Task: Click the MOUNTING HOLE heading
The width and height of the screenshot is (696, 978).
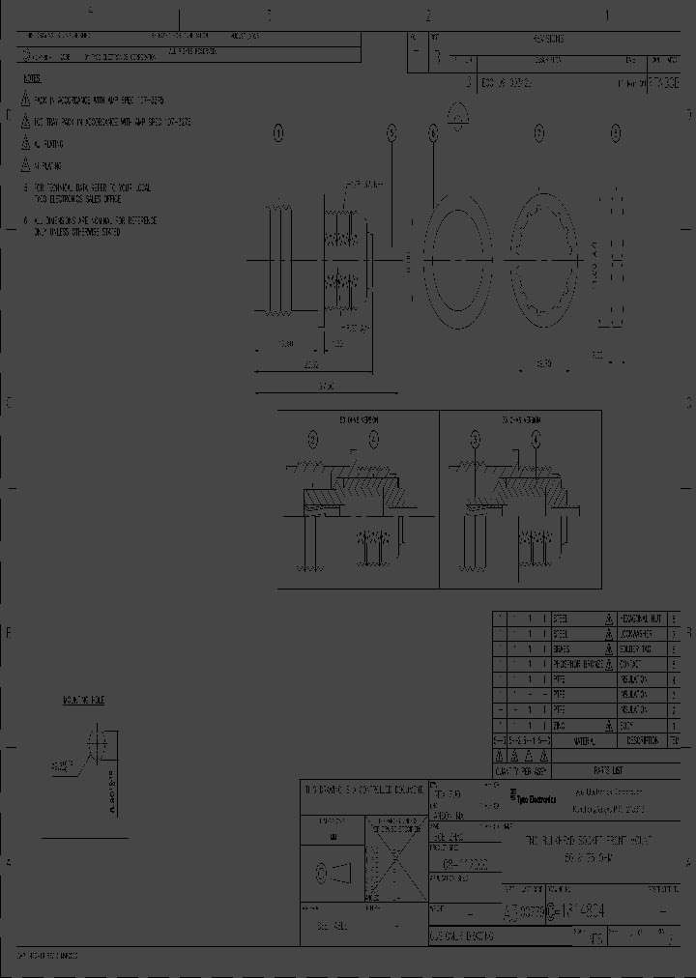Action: [84, 698]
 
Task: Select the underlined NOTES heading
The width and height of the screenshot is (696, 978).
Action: [32, 77]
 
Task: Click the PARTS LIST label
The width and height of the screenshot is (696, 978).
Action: [609, 771]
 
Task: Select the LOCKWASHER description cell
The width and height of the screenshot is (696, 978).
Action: [643, 633]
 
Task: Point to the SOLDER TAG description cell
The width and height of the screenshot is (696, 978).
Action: [642, 648]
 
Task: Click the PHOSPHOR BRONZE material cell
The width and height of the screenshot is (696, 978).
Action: [578, 664]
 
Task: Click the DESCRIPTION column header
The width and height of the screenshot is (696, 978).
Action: [643, 741]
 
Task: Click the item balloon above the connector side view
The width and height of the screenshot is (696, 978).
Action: [278, 135]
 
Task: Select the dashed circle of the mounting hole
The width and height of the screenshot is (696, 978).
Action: [97, 746]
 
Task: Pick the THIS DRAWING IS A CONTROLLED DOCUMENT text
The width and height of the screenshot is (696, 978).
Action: [363, 790]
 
